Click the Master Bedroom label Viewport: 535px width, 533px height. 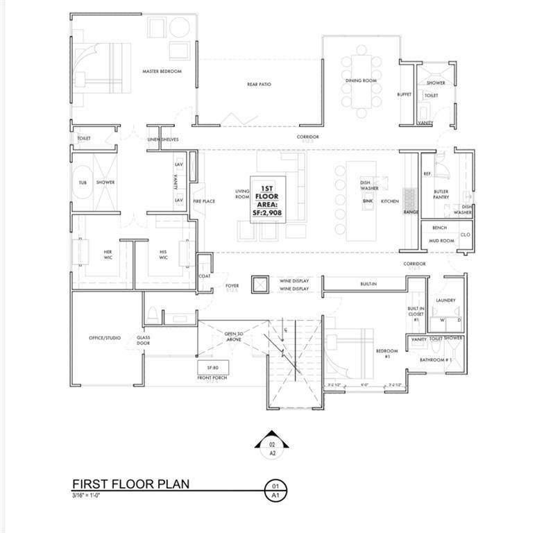tap(162, 71)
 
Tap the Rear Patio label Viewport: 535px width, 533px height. tap(259, 85)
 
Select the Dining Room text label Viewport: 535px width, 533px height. tap(361, 81)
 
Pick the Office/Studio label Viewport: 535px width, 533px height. tap(105, 338)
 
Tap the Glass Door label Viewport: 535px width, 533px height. tap(143, 341)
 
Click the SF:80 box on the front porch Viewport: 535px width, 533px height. tap(212, 366)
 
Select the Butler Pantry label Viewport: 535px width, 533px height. tap(441, 194)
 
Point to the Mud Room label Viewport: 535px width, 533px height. tap(441, 241)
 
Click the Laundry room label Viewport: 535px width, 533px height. tap(445, 301)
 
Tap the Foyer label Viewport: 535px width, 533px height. tap(232, 285)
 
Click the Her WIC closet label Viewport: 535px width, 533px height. tap(108, 255)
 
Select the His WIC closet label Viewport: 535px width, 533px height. tap(163, 255)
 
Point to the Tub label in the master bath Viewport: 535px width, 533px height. tap(83, 183)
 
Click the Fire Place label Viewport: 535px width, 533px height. tap(204, 201)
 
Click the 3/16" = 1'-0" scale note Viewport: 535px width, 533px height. tap(86, 496)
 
